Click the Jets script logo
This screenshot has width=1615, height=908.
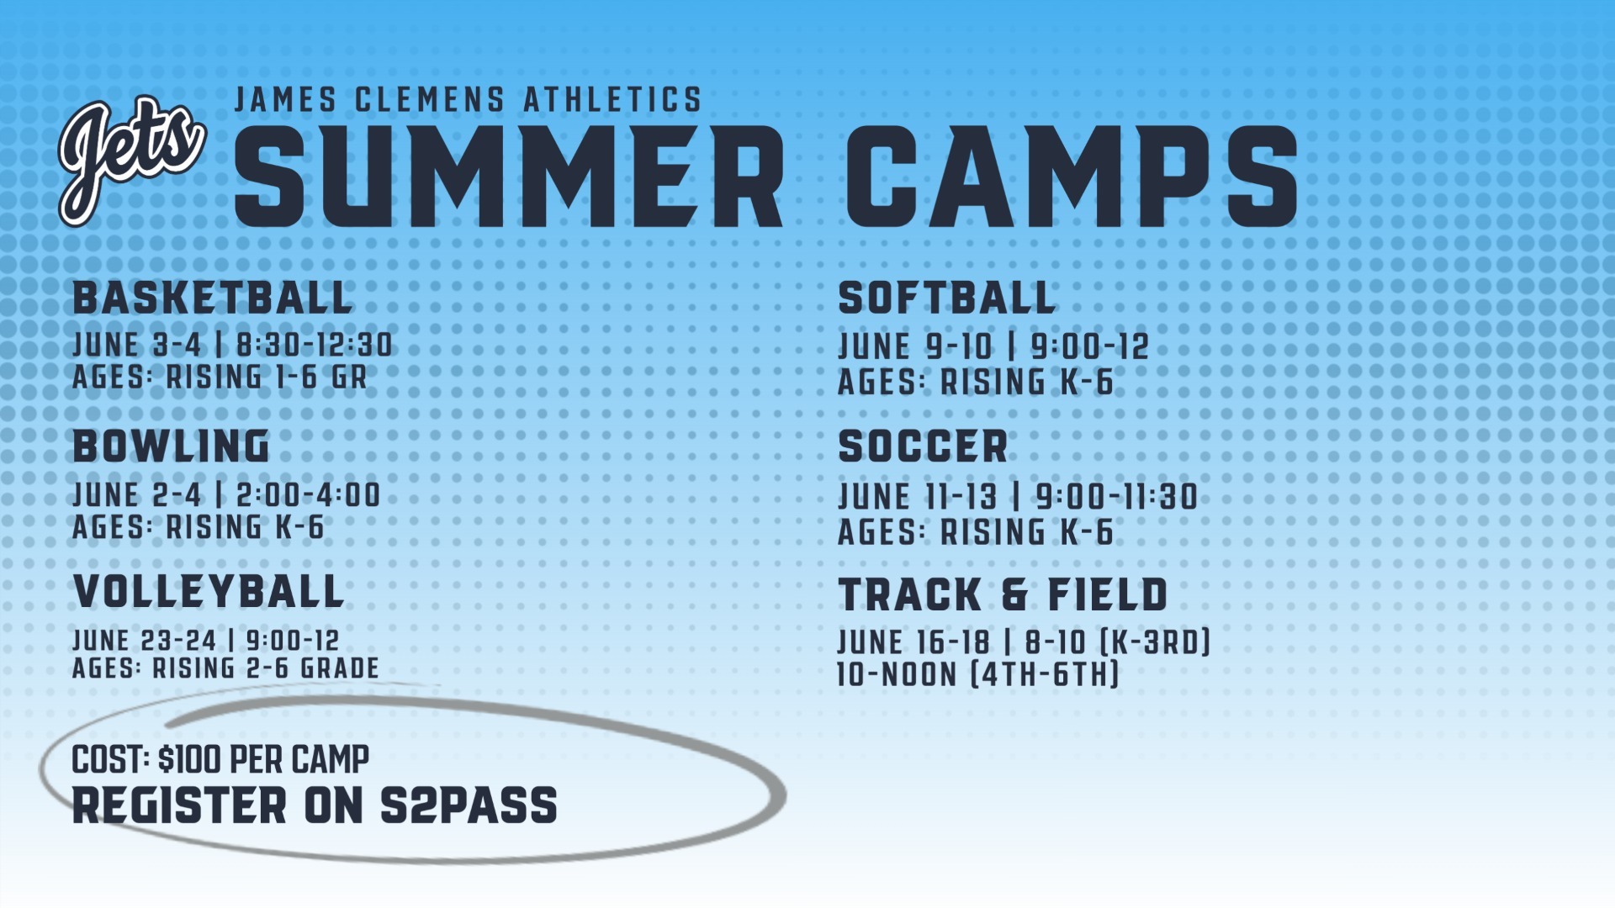132,161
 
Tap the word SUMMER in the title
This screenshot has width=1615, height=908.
509,177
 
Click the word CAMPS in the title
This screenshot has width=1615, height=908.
1072,177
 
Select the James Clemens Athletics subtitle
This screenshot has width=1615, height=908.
468,100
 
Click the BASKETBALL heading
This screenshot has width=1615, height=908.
213,298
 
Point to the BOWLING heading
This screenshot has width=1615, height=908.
172,446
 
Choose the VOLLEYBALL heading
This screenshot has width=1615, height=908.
209,592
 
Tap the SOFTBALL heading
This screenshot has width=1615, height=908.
947,298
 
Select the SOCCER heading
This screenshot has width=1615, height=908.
923,446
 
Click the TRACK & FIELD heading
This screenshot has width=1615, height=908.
1003,594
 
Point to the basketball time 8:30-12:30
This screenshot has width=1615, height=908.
315,345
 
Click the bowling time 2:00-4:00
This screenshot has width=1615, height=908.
308,495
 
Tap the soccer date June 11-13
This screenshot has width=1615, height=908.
918,497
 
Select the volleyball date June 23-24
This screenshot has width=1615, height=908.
145,641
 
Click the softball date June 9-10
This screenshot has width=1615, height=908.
915,346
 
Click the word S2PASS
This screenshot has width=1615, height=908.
469,805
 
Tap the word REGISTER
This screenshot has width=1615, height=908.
180,805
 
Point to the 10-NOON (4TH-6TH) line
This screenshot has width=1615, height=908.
978,674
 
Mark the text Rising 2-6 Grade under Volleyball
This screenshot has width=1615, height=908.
266,668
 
